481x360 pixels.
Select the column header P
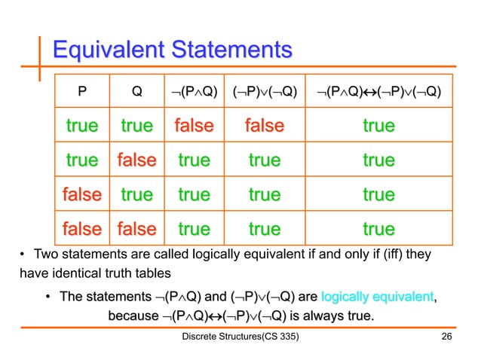tap(82, 93)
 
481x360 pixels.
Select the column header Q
tap(136, 93)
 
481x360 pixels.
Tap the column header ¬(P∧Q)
tap(193, 93)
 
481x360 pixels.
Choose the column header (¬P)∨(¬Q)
tap(265, 93)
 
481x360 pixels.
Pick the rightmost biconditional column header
tap(378, 93)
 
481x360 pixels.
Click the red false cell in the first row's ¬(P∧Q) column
tap(193, 126)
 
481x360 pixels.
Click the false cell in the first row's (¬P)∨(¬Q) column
tap(265, 126)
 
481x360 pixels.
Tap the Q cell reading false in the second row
tap(136, 160)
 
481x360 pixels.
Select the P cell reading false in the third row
tap(82, 194)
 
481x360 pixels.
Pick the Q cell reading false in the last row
tap(136, 227)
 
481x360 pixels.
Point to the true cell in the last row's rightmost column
tap(378, 227)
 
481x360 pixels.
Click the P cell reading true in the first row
tap(82, 126)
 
